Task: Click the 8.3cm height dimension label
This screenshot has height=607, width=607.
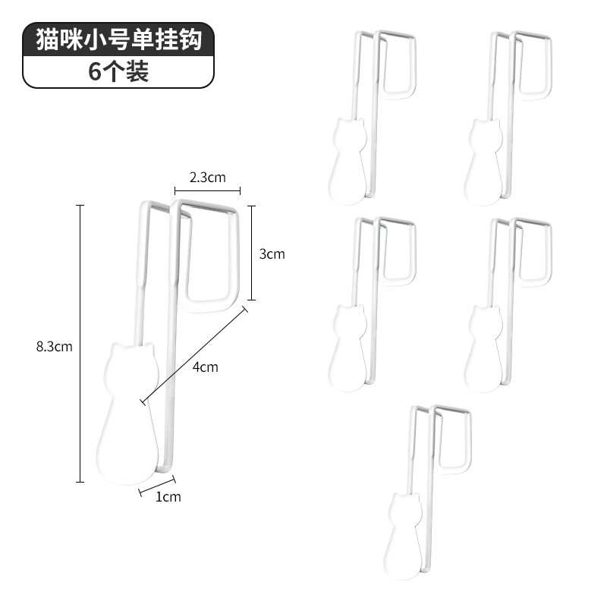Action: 54,347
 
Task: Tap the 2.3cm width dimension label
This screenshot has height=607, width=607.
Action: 207,178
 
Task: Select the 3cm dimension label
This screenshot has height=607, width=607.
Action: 272,254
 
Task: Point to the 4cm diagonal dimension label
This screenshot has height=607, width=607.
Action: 205,366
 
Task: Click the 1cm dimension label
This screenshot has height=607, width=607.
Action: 168,497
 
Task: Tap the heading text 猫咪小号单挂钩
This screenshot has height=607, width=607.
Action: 119,39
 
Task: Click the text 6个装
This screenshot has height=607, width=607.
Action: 118,71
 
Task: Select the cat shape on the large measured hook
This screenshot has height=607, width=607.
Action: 127,413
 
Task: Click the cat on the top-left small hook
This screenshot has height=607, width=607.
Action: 348,161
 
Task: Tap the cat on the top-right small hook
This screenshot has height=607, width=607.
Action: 483,162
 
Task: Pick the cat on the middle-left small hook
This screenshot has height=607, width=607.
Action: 348,348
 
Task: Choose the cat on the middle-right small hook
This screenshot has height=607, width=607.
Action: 483,348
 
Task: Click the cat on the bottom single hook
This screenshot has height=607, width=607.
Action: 403,536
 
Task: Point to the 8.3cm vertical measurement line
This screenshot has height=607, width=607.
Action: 80,344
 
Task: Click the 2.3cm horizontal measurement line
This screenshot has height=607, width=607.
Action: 207,190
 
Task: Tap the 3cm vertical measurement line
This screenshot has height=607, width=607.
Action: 252,253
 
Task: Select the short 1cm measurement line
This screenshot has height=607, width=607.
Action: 157,486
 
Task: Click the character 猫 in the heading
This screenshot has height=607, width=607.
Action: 48,39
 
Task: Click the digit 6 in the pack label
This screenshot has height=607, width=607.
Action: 95,71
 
